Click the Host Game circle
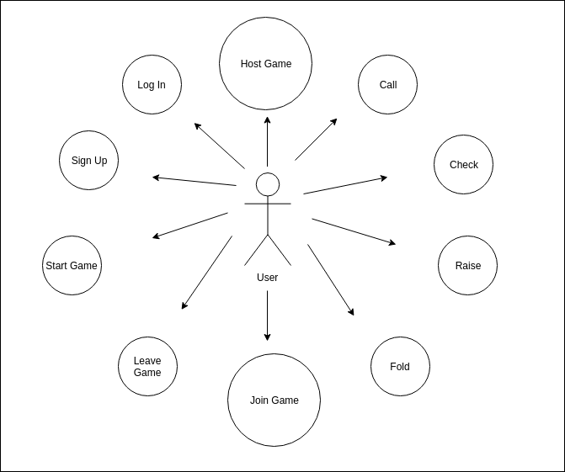tap(266, 64)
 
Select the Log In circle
tap(152, 85)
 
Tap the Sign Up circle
tap(89, 161)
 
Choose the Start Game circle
tap(72, 266)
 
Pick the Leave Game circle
tap(147, 367)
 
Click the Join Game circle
tap(275, 400)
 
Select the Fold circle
tap(400, 367)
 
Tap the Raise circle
tap(468, 266)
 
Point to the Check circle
tap(463, 165)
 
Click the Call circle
tap(388, 85)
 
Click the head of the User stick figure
tap(268, 183)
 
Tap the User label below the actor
tap(268, 278)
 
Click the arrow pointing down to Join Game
tap(268, 316)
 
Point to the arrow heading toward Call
tap(316, 139)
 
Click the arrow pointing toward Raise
tap(354, 231)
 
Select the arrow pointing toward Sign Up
tap(195, 181)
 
